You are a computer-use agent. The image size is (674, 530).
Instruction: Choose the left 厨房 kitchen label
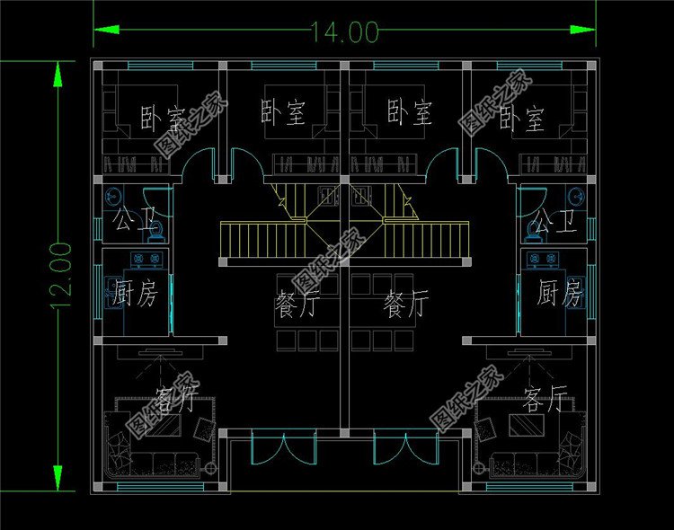click(135, 294)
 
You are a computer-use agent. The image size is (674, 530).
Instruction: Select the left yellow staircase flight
click(264, 241)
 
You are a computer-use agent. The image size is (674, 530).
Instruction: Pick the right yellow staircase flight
click(428, 241)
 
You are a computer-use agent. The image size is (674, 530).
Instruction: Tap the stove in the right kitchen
click(541, 261)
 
